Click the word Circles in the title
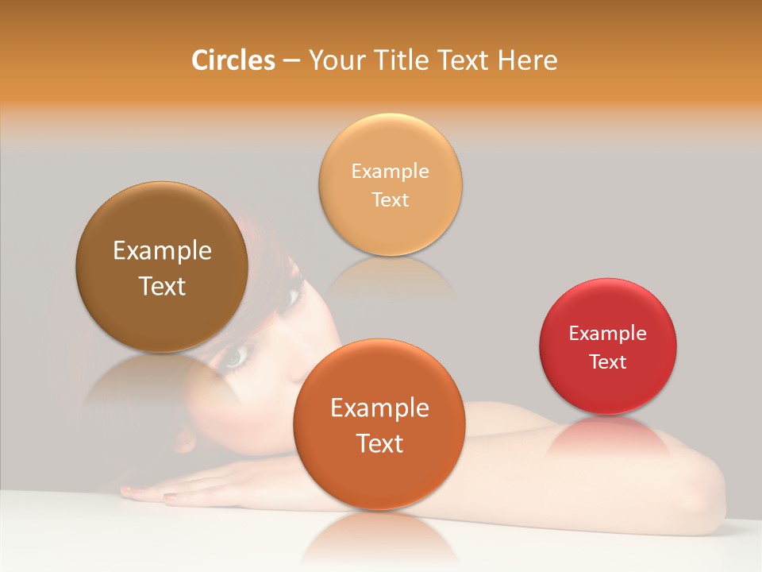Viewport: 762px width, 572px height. [233, 60]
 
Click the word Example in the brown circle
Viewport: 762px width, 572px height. [162, 251]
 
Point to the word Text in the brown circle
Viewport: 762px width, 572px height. [162, 286]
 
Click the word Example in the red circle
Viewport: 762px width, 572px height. [608, 334]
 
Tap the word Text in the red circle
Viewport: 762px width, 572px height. [608, 362]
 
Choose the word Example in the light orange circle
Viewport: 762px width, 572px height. [390, 172]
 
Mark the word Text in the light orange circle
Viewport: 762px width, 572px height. [390, 200]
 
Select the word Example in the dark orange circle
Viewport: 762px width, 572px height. [379, 408]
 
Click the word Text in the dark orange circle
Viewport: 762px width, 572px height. [379, 443]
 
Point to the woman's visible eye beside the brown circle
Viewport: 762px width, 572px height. [235, 358]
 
